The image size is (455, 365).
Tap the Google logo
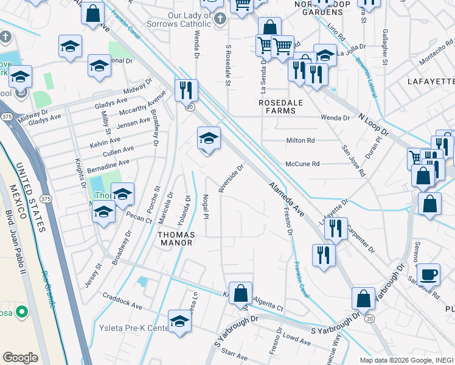click(x=20, y=358)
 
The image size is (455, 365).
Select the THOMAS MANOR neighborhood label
click(x=175, y=238)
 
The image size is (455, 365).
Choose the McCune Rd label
click(x=302, y=164)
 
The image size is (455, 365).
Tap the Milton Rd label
click(x=300, y=141)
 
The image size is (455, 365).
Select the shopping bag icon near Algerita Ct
click(x=241, y=293)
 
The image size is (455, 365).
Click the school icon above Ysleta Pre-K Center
click(x=179, y=321)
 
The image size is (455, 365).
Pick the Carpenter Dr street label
click(x=361, y=239)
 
